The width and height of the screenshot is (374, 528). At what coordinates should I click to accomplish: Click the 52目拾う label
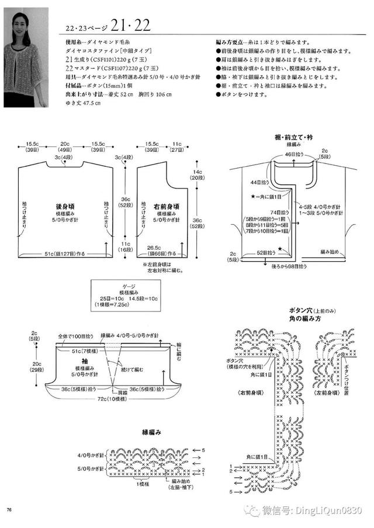pyautogui.click(x=266, y=253)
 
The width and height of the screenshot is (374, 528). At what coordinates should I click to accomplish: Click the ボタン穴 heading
pyautogui.click(x=300, y=310)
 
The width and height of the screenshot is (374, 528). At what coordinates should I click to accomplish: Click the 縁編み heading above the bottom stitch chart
pyautogui.click(x=152, y=432)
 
